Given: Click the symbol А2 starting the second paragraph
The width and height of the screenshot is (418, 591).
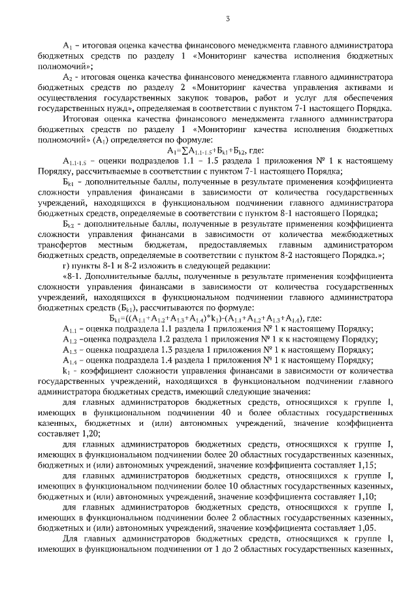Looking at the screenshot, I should click(x=67, y=77).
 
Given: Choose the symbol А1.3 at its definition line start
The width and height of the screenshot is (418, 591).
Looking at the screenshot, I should click(x=70, y=349).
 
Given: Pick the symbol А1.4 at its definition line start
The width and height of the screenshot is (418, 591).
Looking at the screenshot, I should click(x=70, y=360).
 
